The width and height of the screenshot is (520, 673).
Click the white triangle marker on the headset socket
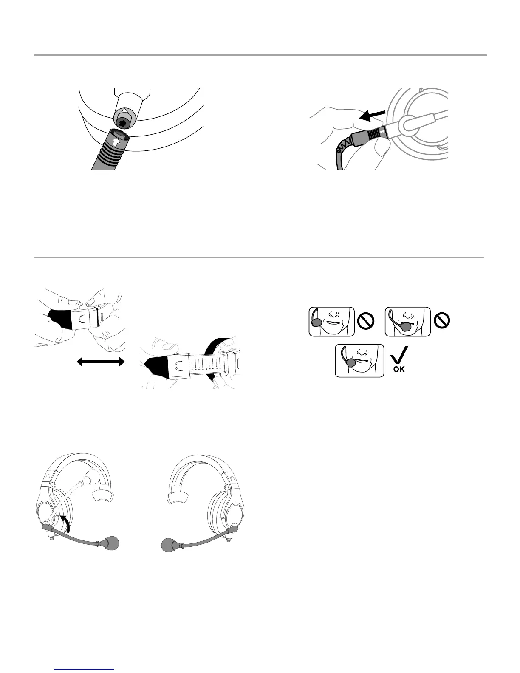tap(125, 111)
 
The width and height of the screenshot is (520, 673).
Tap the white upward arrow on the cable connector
tap(116, 137)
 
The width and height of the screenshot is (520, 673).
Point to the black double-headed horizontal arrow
tap(101, 362)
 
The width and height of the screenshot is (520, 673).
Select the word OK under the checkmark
tap(399, 369)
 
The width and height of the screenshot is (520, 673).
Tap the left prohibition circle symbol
tap(366, 321)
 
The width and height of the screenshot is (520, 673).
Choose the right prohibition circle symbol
tap(442, 321)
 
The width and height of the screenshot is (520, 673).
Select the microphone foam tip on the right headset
tap(172, 545)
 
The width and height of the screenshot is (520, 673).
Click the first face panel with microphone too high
tap(331, 321)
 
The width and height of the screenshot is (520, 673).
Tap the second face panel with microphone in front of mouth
tap(407, 321)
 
